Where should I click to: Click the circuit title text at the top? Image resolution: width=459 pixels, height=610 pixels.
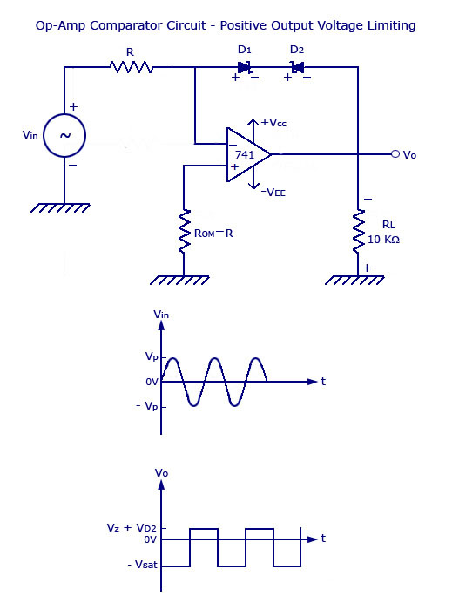click(225, 26)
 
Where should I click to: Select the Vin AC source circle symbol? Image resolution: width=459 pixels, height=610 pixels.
click(64, 135)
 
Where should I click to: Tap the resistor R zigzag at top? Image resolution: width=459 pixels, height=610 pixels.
click(130, 65)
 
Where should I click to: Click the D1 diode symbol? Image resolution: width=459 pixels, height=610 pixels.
click(244, 65)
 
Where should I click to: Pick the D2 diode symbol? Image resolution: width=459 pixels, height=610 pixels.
click(298, 65)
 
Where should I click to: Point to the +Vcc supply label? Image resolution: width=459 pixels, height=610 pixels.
click(273, 123)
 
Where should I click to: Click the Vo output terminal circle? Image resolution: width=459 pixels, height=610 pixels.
click(395, 154)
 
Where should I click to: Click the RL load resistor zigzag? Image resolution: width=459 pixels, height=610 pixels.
click(357, 230)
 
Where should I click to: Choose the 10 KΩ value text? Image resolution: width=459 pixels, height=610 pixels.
click(384, 240)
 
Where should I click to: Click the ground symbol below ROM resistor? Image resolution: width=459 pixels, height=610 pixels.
click(184, 280)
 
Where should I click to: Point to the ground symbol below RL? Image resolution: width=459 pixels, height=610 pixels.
click(357, 280)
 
